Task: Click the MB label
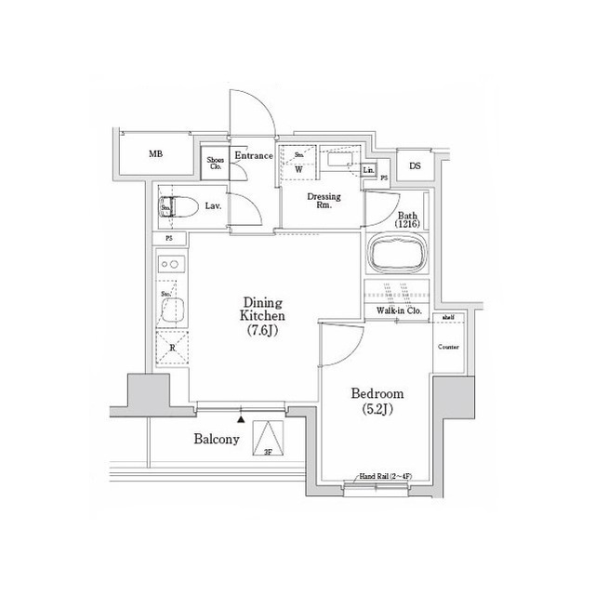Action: (x=156, y=154)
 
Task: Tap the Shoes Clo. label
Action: (x=214, y=164)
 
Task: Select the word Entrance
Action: (x=253, y=156)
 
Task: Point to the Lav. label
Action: (x=212, y=205)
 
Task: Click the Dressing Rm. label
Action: (x=324, y=201)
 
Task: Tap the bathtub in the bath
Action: (x=397, y=254)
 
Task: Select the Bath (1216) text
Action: (x=407, y=218)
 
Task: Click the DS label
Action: (x=415, y=166)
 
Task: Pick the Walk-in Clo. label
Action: (x=401, y=310)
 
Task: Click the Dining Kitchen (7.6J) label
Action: (x=263, y=317)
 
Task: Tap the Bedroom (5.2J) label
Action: (x=377, y=401)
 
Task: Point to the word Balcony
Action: (x=218, y=439)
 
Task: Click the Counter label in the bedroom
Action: (x=449, y=347)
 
